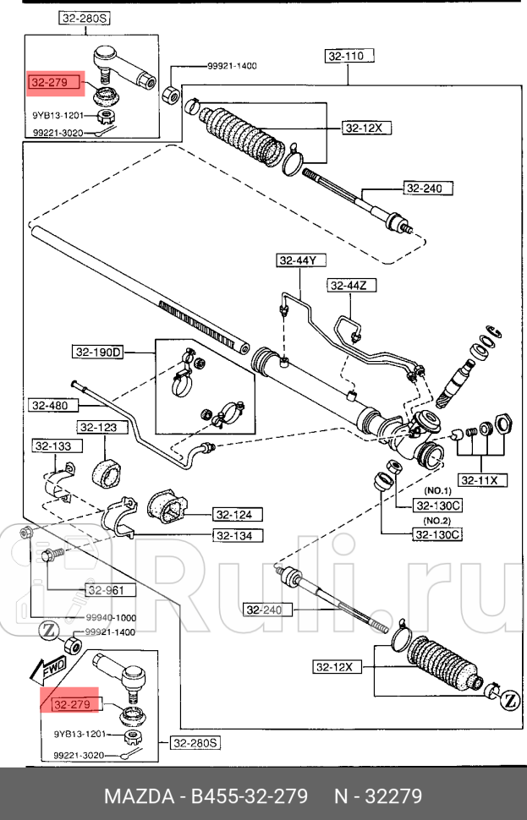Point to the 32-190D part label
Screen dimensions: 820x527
97,352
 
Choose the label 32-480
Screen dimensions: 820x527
50,405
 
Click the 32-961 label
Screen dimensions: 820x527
107,590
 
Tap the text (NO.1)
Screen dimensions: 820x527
437,491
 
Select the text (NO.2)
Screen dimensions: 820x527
437,521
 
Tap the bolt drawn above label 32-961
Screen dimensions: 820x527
49,557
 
